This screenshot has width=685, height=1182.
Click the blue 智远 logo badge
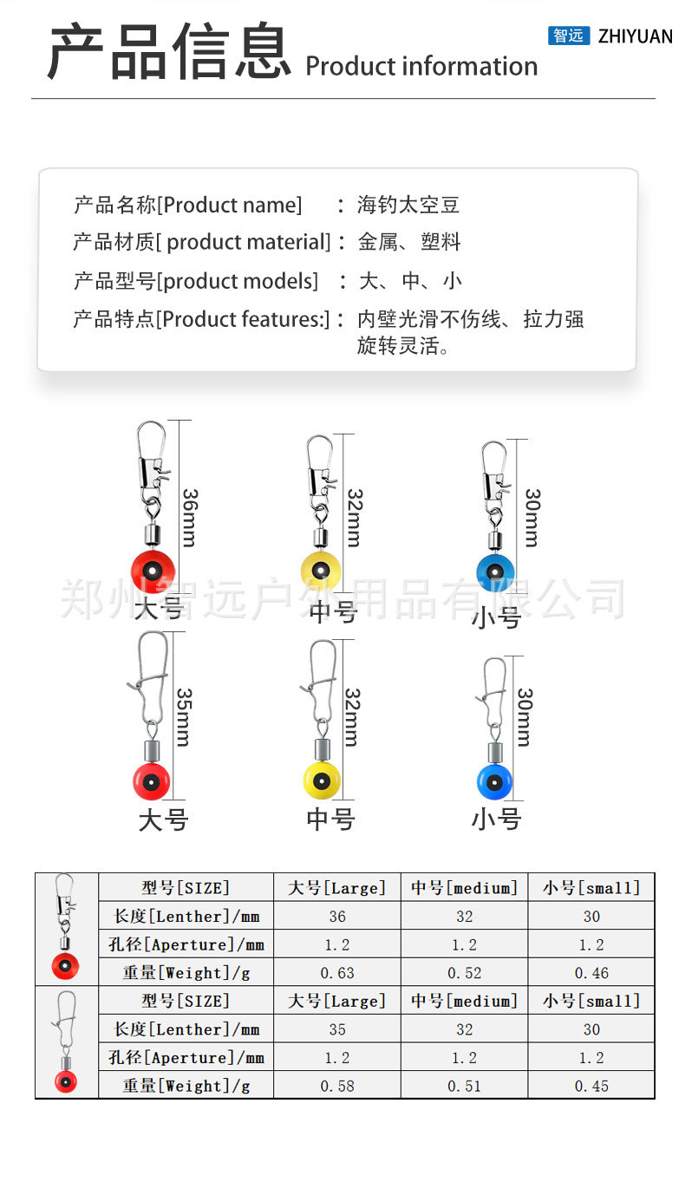(x=569, y=36)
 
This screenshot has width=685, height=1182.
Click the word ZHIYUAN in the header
(x=636, y=36)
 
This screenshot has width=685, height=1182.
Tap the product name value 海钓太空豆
(x=408, y=206)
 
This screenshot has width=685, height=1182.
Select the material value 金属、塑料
(x=408, y=242)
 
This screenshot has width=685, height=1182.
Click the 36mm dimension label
(x=190, y=517)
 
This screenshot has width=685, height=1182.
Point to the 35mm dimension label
(x=184, y=717)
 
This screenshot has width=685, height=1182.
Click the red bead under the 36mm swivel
(x=153, y=569)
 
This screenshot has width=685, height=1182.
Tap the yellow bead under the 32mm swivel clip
(x=321, y=569)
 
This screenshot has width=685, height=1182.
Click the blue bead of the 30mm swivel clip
(x=496, y=571)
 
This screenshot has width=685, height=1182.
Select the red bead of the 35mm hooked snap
(x=151, y=781)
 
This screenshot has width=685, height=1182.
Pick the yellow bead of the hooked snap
(x=322, y=780)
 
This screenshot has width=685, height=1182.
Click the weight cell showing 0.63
(x=337, y=973)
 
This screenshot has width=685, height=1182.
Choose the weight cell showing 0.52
(x=465, y=973)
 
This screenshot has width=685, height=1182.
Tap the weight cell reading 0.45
(x=591, y=1086)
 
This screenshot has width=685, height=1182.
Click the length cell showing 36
(x=337, y=917)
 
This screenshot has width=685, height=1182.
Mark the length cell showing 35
(x=337, y=1029)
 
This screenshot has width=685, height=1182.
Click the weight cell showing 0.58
(x=337, y=1086)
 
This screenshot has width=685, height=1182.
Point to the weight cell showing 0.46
(x=591, y=973)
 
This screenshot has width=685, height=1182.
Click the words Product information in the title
(x=421, y=67)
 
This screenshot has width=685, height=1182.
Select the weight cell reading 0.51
(x=465, y=1086)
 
